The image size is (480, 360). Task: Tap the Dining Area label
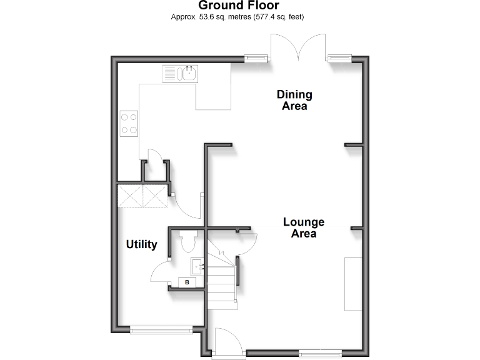point(294,100)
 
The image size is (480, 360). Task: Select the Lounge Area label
point(303,227)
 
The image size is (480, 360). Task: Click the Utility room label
point(141,244)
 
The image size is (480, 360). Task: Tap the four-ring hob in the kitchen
point(129,123)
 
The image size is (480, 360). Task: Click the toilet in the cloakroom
point(187,241)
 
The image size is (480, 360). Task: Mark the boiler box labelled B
point(187,282)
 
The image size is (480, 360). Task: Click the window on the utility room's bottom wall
point(162,329)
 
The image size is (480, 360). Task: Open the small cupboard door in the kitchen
point(154,157)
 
